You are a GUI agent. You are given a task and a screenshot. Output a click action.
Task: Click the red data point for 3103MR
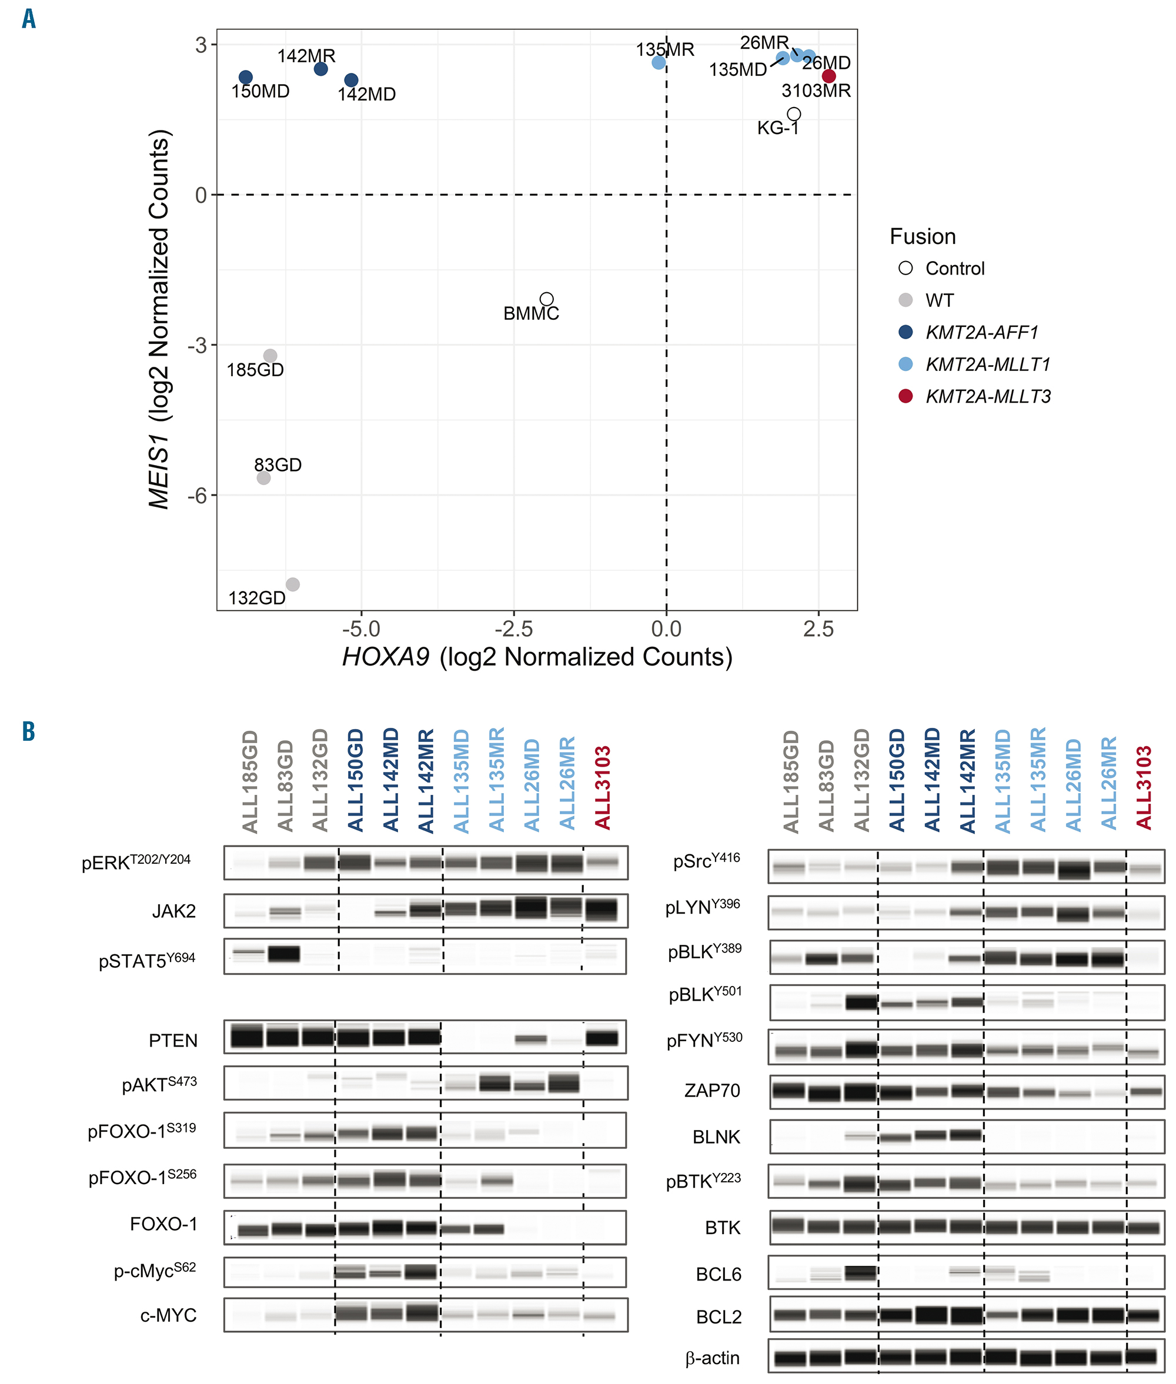828,76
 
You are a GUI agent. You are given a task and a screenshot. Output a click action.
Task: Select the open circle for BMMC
546,299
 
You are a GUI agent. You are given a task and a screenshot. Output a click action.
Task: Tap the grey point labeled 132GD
292,584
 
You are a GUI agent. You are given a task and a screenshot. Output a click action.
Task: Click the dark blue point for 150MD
245,78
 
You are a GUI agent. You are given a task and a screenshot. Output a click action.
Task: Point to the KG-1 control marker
793,114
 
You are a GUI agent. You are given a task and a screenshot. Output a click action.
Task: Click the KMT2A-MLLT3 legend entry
987,397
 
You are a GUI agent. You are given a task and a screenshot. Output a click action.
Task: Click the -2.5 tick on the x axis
513,629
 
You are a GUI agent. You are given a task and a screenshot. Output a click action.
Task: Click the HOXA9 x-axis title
537,657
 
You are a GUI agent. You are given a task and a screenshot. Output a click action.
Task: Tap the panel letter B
28,731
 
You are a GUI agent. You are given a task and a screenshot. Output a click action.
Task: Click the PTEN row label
173,1041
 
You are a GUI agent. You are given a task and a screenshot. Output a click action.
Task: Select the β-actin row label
712,1358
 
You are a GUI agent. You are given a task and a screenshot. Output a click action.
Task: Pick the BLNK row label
716,1136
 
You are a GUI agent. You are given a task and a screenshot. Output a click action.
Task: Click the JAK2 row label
173,911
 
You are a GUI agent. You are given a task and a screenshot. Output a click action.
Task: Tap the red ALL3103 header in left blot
603,788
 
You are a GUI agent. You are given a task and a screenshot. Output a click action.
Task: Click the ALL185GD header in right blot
791,781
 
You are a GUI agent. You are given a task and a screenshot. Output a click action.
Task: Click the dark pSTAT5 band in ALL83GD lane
283,954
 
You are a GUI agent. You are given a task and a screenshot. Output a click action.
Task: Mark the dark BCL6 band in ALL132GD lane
860,1273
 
